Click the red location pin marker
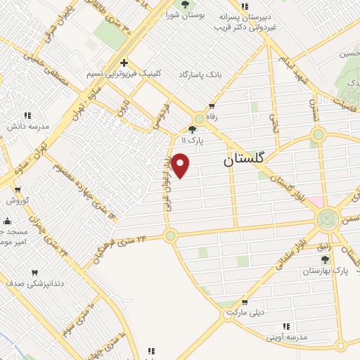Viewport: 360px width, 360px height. click(x=181, y=165)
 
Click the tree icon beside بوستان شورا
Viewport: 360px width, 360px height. click(x=185, y=4)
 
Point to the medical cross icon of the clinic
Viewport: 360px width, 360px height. click(x=124, y=63)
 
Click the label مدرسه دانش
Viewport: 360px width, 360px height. click(x=29, y=127)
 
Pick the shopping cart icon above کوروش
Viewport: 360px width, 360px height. click(x=18, y=190)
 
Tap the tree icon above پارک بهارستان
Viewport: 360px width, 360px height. click(x=325, y=260)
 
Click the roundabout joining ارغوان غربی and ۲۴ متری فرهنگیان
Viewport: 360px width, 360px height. click(x=170, y=236)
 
